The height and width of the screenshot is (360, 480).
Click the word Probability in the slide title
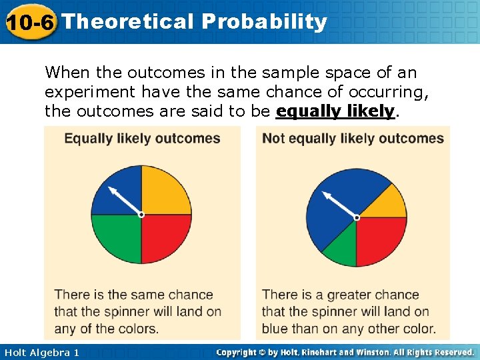265,22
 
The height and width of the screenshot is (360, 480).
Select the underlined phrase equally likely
335,111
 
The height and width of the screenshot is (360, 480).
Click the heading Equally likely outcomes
142,139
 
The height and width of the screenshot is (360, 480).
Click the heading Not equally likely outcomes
353,139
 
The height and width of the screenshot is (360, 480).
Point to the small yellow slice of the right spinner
387,203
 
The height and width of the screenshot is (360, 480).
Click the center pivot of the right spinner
357,217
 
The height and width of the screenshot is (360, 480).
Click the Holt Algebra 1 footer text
41,352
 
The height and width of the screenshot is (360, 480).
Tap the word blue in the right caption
275,329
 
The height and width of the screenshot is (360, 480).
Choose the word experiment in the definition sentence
87,91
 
